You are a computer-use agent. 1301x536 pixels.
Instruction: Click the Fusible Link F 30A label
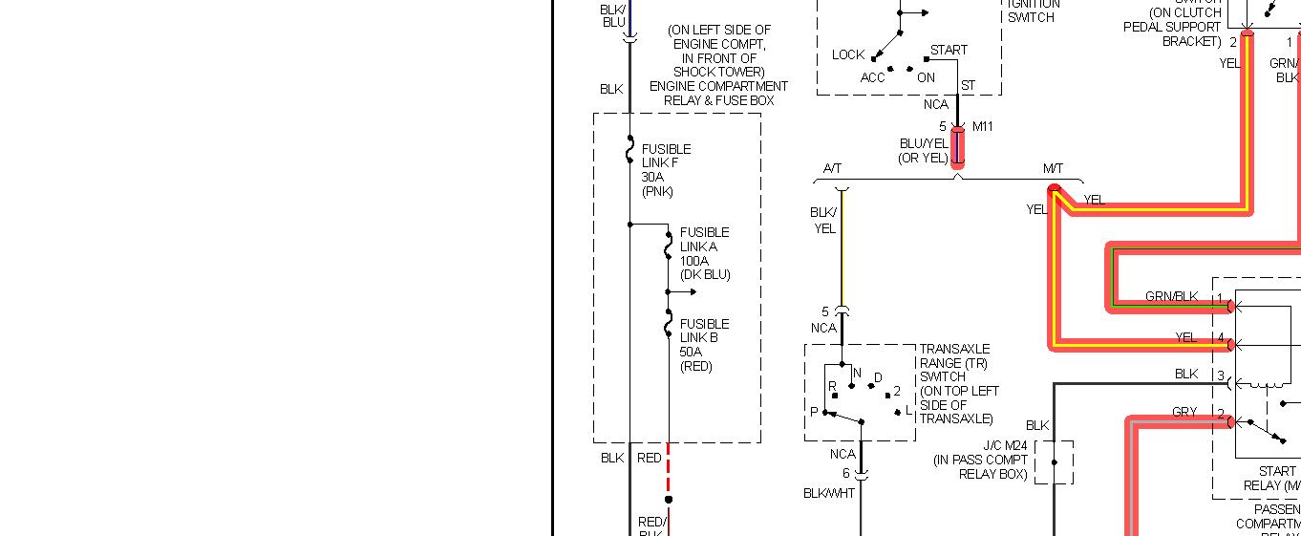(666, 170)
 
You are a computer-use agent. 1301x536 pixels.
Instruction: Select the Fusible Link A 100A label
(704, 253)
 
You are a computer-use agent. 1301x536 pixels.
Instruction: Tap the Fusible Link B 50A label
(704, 345)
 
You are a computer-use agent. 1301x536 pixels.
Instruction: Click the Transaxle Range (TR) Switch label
(956, 384)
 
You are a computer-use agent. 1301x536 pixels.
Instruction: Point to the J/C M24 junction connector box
(1054, 462)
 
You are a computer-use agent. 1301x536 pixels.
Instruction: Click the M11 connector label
(983, 126)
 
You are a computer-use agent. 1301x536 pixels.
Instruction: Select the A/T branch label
(832, 169)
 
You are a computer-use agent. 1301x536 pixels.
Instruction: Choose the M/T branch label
(1053, 169)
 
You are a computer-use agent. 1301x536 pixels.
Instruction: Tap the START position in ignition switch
(949, 50)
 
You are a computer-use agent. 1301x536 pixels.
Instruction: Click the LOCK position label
(847, 54)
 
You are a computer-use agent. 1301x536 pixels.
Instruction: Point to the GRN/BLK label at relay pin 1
(1171, 297)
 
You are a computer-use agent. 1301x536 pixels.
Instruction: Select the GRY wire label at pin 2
(1184, 412)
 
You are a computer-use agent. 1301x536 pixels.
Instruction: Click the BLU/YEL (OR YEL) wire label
(924, 150)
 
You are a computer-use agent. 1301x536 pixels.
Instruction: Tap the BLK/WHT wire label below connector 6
(829, 493)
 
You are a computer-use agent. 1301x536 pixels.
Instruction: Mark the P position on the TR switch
(814, 412)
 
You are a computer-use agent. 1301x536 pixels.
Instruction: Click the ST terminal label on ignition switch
(968, 86)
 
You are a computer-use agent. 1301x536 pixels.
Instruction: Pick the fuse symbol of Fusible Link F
(630, 150)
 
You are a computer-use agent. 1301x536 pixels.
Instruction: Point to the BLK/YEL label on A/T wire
(823, 221)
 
